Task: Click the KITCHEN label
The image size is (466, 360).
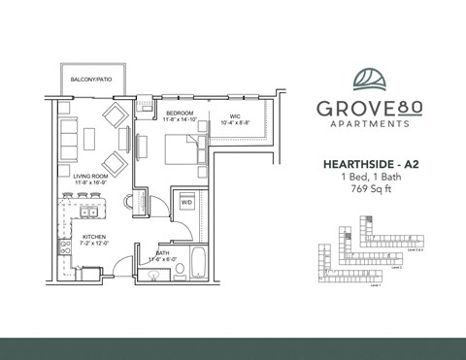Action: point(94,237)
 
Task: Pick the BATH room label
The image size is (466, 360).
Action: point(162,254)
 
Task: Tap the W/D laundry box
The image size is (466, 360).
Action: point(185,204)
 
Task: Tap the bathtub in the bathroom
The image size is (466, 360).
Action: point(197,263)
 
